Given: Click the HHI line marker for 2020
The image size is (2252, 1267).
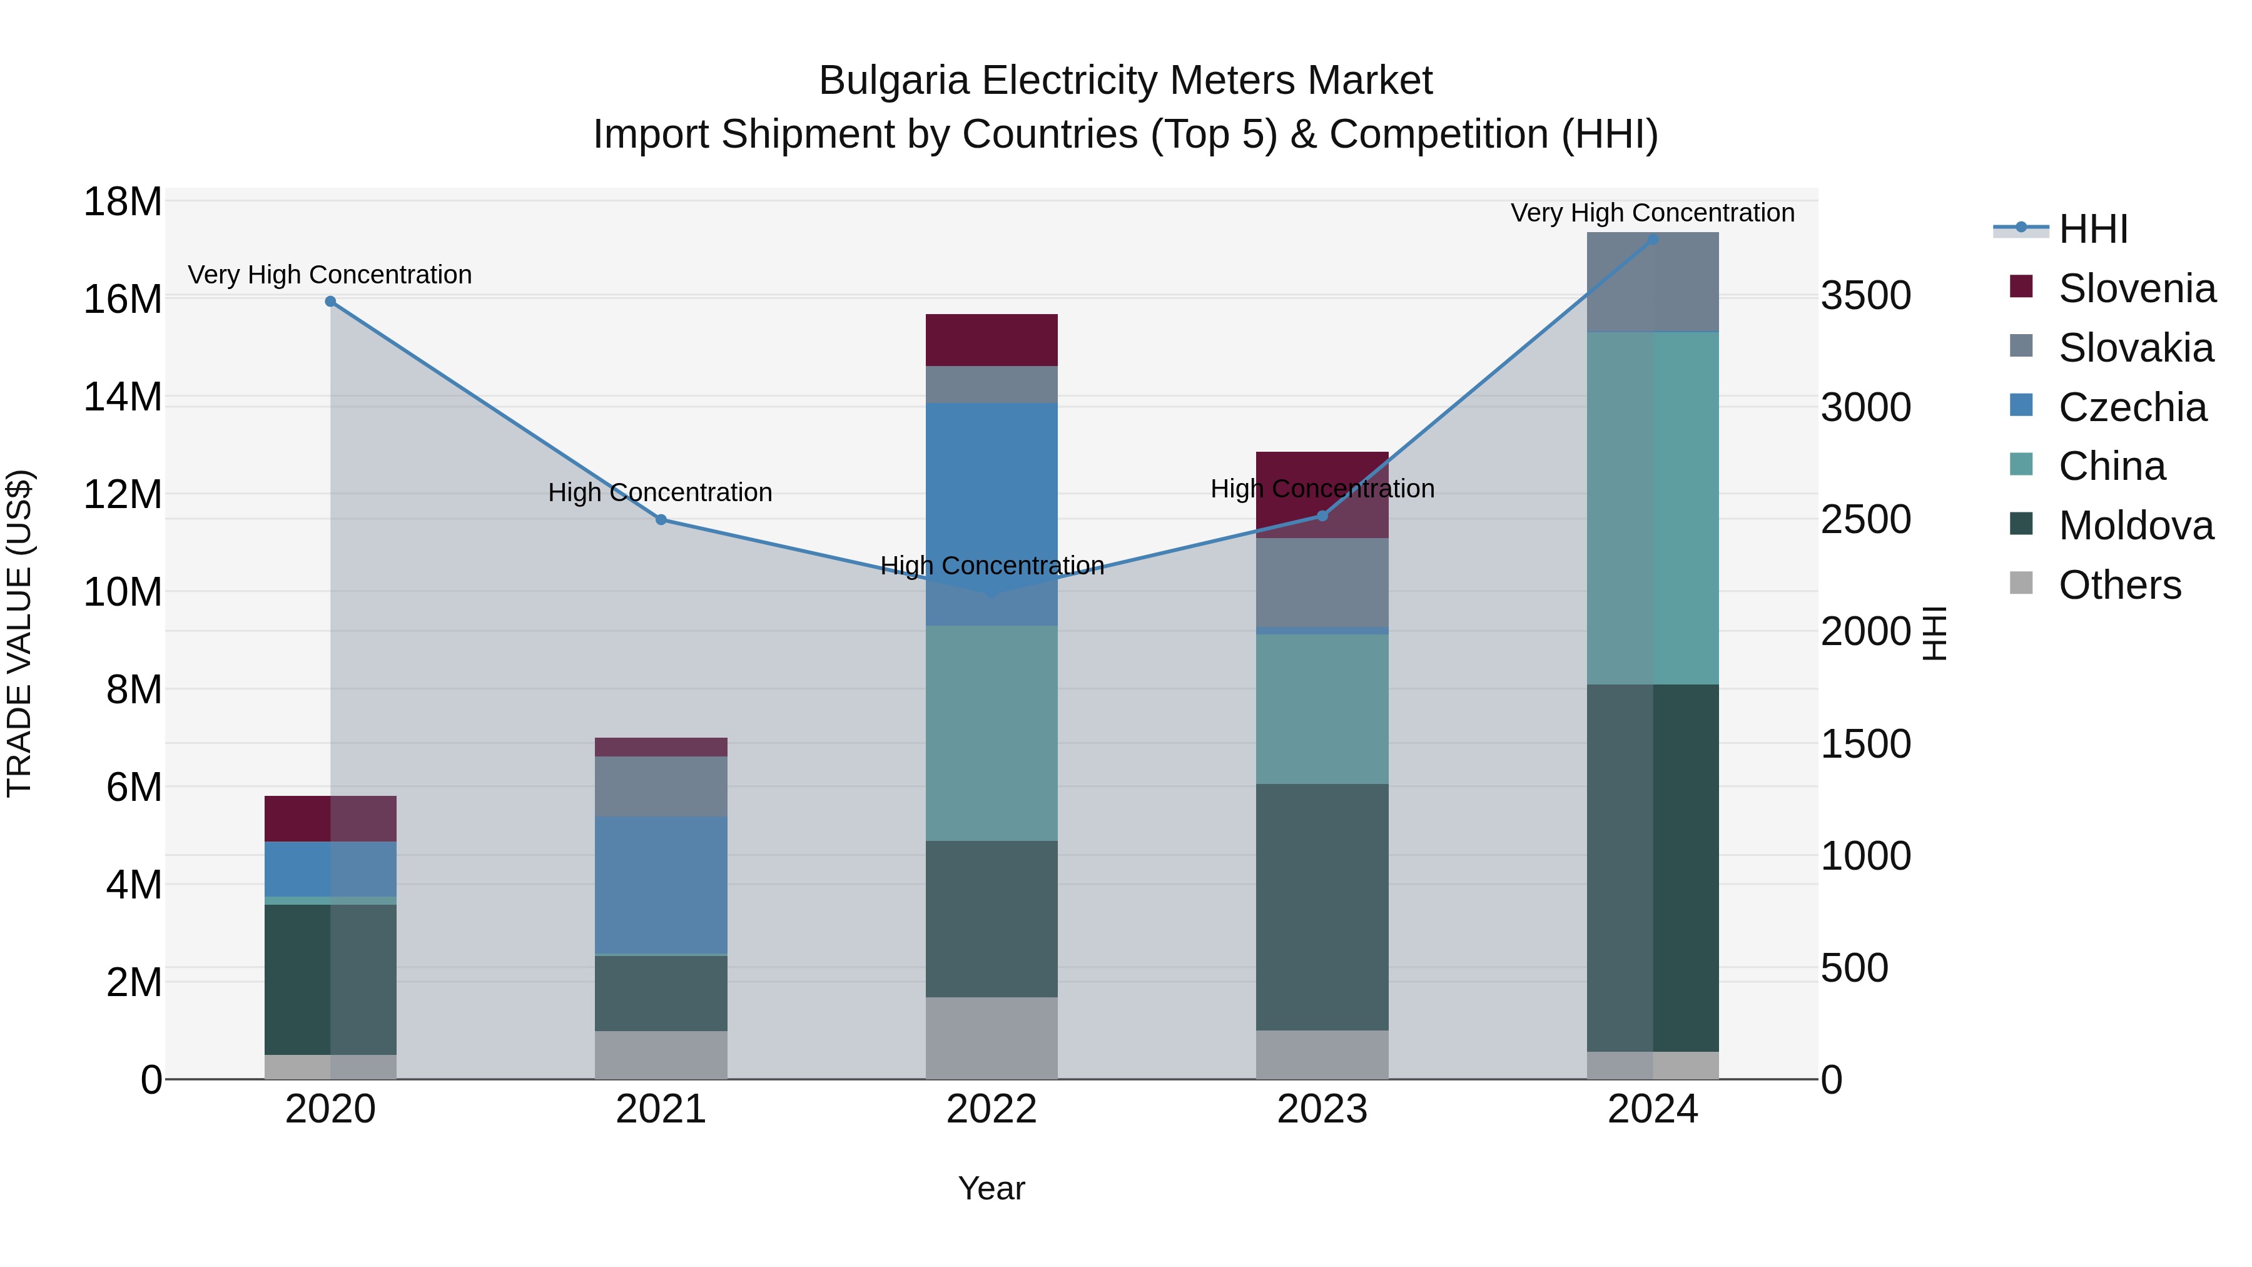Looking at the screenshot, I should point(330,302).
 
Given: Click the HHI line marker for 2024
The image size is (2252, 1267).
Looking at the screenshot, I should point(1652,239).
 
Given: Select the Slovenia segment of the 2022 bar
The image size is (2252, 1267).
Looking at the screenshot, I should point(992,340).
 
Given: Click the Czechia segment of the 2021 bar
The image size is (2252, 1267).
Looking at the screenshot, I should point(661,884).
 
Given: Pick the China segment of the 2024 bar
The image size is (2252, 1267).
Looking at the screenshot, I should point(1652,507).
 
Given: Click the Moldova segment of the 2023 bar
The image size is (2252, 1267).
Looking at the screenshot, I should point(1322,906).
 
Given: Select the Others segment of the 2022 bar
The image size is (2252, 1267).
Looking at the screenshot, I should point(992,1038).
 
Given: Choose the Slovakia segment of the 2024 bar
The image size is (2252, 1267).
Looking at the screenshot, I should point(1652,282).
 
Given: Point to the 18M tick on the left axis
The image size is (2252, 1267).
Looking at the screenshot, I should point(123,202).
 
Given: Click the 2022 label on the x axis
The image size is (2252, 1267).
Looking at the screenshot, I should point(992,1109).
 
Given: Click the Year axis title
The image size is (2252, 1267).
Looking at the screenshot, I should point(992,1188).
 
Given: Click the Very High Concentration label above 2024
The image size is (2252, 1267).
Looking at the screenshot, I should point(1652,213).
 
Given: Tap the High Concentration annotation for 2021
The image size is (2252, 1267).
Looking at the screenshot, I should point(660,492).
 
